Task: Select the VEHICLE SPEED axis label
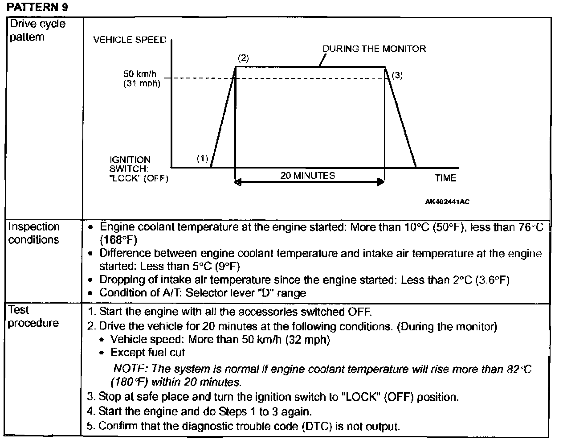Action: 130,40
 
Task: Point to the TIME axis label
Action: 445,178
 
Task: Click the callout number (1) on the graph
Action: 202,158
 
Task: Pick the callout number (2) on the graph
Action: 243,58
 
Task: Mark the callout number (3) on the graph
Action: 397,75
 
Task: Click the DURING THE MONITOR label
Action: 374,49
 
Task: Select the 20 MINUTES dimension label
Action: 308,176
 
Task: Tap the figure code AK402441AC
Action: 447,201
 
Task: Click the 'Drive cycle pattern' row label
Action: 37,30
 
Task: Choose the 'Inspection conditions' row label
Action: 34,233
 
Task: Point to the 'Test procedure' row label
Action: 33,316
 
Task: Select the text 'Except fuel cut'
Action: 148,353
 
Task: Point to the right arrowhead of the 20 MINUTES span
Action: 380,181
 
